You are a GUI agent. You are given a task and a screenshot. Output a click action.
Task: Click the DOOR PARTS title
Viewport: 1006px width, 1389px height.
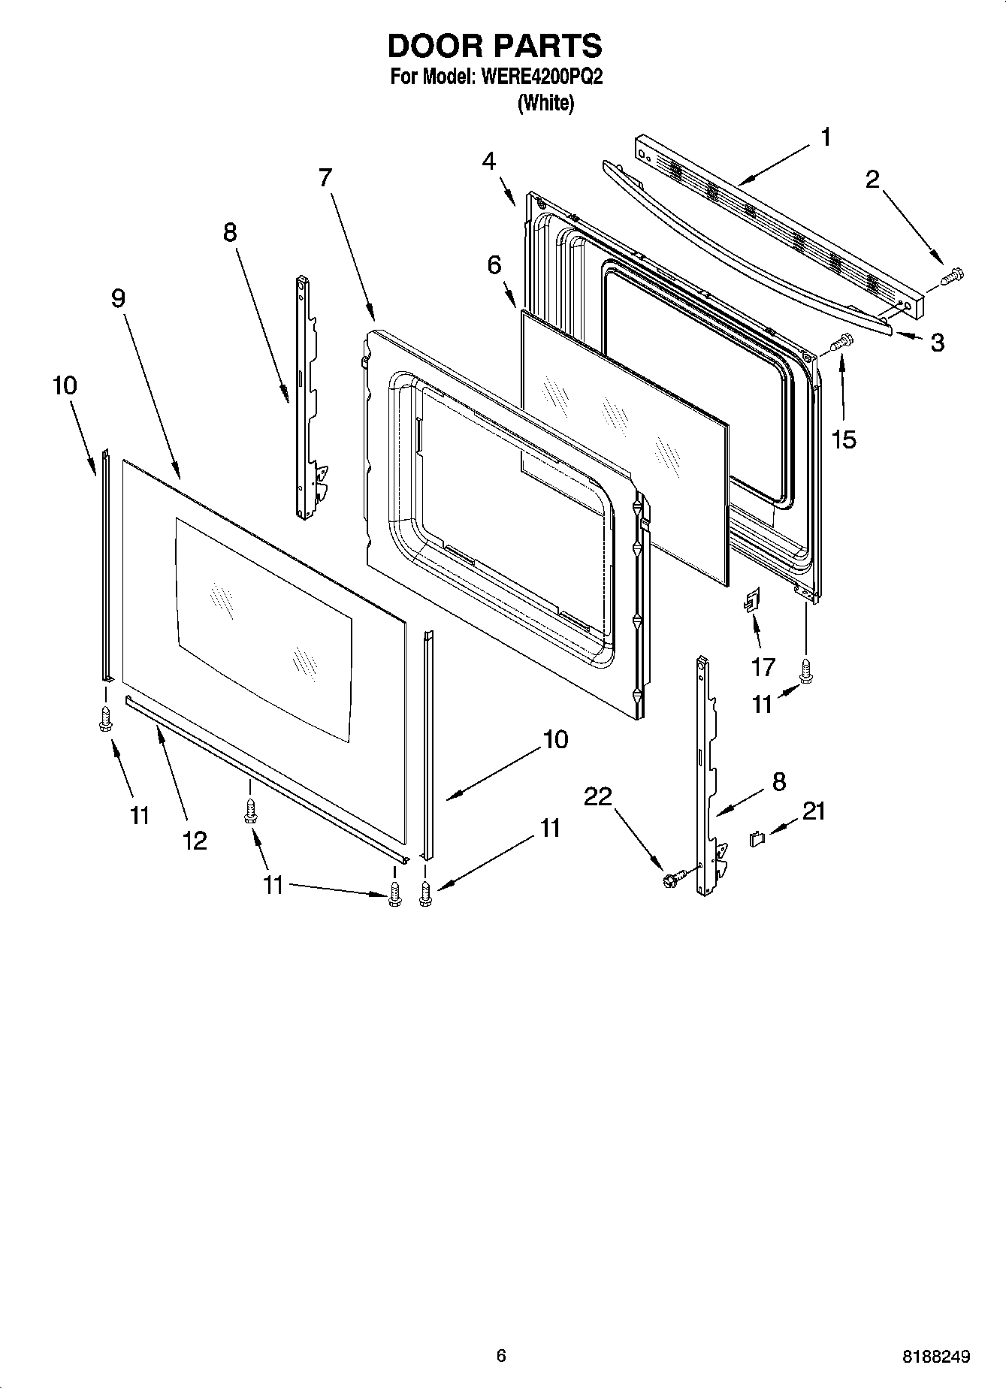(494, 47)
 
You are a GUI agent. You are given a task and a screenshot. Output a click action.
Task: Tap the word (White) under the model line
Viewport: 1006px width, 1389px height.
(545, 104)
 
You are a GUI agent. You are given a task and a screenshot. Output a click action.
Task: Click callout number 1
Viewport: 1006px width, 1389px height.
(826, 137)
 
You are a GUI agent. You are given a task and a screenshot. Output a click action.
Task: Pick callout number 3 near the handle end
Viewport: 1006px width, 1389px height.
(937, 343)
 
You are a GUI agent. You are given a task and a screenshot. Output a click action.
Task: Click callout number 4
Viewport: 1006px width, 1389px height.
(489, 161)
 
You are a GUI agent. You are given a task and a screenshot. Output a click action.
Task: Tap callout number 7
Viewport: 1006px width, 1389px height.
(325, 178)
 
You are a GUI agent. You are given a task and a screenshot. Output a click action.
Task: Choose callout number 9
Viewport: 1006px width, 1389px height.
(118, 298)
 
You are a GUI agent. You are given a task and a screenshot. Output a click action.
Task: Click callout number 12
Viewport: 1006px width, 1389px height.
(195, 841)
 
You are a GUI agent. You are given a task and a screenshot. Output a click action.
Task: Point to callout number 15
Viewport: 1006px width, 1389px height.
(844, 439)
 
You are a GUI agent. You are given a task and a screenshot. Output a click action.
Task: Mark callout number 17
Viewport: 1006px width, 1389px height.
(764, 666)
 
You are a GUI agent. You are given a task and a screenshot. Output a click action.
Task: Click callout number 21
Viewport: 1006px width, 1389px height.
(814, 811)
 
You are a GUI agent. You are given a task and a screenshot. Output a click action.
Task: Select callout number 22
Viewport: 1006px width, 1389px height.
(599, 797)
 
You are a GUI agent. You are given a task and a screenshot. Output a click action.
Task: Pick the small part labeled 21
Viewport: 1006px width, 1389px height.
(757, 838)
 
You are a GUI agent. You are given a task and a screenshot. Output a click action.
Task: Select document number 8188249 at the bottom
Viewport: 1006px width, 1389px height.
(936, 1357)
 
